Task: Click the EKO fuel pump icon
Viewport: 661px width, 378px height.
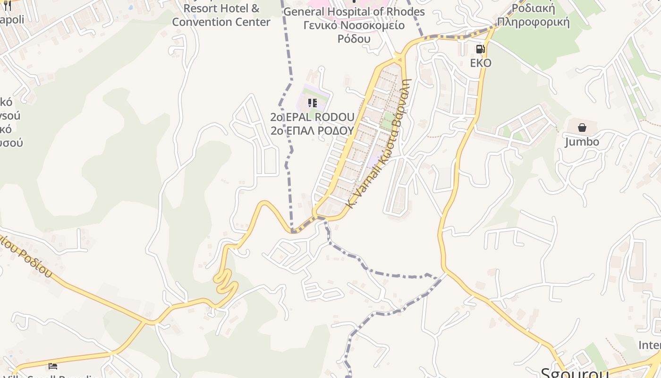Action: pos(480,49)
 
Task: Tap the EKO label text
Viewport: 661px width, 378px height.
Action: pos(481,63)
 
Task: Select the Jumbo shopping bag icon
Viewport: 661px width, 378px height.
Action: pos(582,128)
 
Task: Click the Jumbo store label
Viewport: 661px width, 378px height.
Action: pos(582,141)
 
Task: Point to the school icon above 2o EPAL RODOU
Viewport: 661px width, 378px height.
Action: pos(312,103)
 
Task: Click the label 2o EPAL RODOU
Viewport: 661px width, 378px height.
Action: pos(312,117)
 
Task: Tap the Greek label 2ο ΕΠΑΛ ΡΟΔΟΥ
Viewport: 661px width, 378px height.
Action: pos(312,130)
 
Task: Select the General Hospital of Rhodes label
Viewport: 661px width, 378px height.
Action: pos(354,12)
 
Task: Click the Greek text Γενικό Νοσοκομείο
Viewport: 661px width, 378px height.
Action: pos(354,25)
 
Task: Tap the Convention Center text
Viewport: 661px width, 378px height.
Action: pos(221,22)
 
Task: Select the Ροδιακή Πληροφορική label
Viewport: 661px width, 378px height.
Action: pos(534,15)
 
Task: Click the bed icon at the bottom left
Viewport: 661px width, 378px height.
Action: pos(53,366)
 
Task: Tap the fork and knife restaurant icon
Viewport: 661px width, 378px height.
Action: pos(7,6)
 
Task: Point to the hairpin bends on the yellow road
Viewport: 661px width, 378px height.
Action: pos(225,281)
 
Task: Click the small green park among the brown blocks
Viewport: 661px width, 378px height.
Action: pos(388,121)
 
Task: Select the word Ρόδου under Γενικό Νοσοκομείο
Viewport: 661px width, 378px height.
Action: pos(354,38)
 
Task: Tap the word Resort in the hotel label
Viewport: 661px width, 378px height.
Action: pos(199,8)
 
